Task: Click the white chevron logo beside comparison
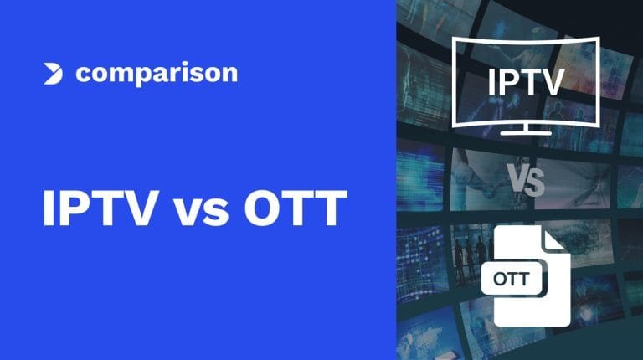pos(53,74)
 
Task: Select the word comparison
pos(157,74)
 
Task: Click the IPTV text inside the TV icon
pos(526,83)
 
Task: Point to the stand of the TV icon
pos(526,129)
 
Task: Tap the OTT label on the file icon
pos(512,279)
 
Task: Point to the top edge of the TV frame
pos(526,41)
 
